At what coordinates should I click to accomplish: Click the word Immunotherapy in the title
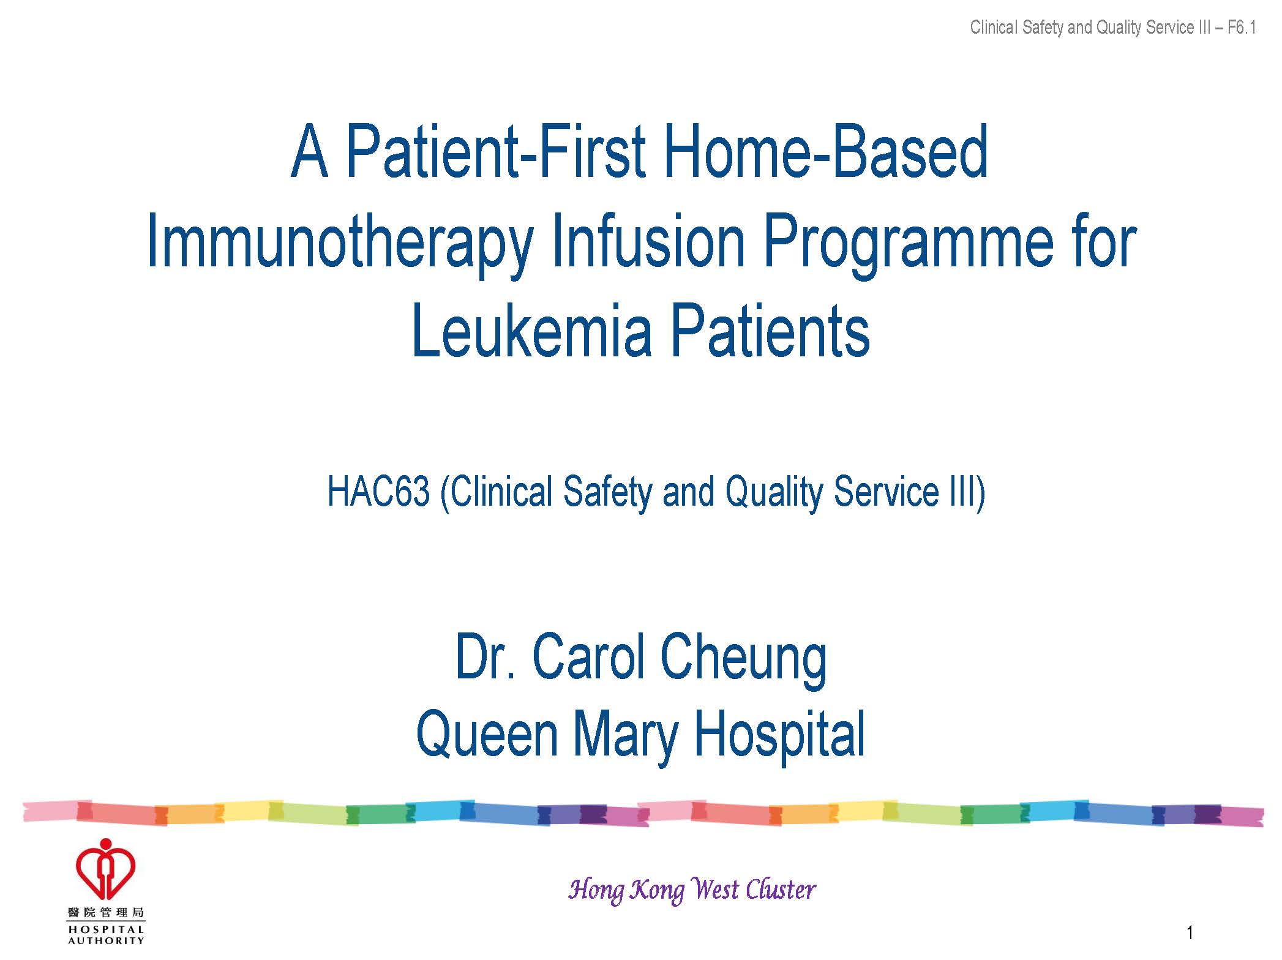coord(340,243)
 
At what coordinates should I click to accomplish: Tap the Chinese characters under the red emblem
coord(106,913)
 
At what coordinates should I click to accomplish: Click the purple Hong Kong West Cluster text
coord(692,890)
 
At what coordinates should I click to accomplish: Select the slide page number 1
coord(1190,932)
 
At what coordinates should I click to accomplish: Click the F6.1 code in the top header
coord(1242,28)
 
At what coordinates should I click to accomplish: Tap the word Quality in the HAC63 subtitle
coord(774,493)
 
